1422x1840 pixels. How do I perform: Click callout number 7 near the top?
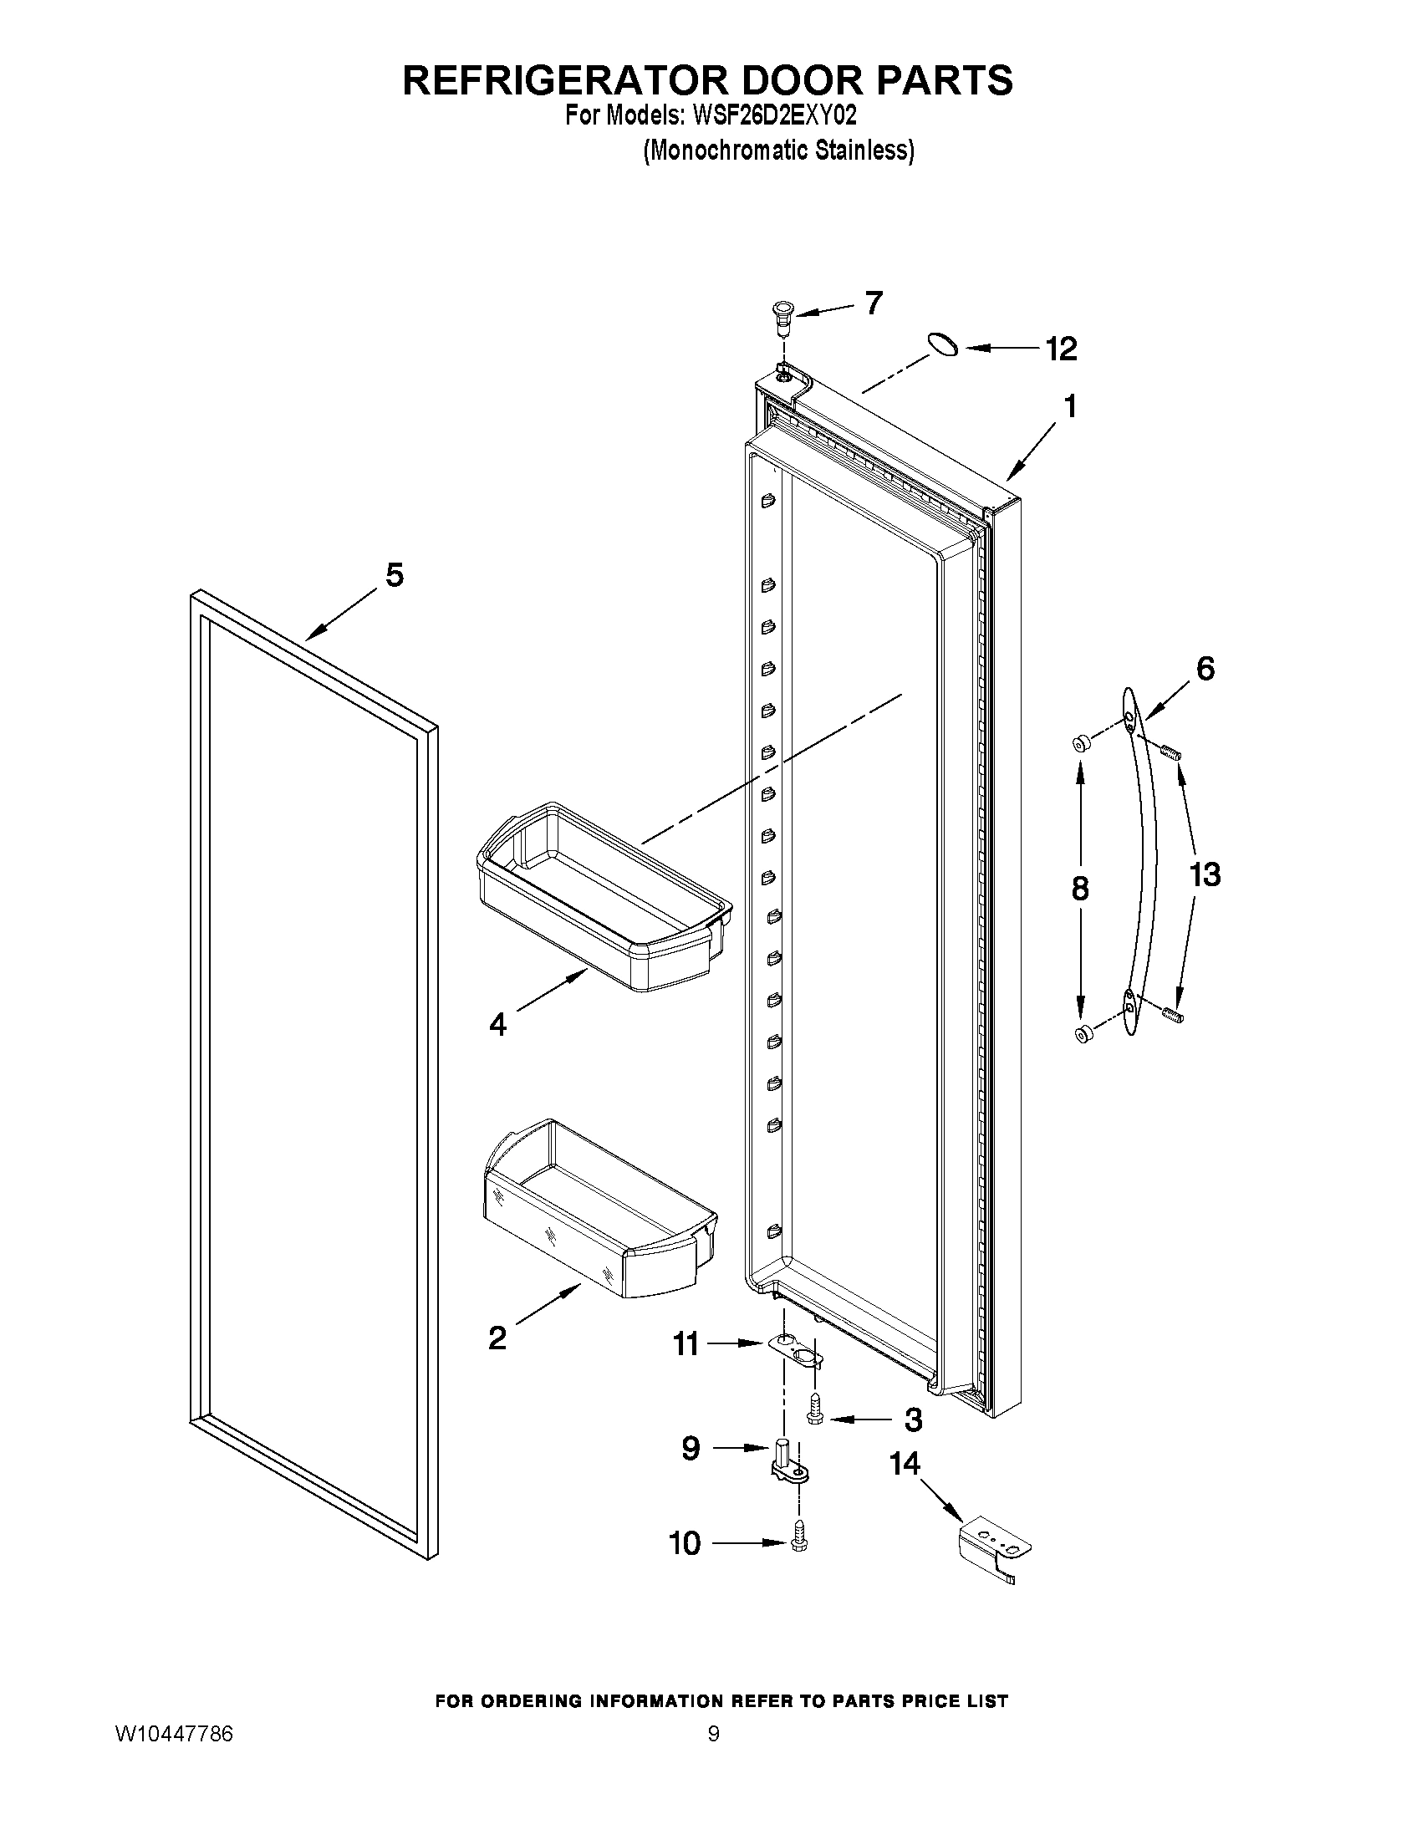(874, 302)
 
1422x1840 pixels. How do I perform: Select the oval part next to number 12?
(942, 344)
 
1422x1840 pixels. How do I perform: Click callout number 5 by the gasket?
(395, 575)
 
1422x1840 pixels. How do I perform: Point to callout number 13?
(1205, 874)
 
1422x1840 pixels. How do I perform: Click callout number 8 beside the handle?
(1080, 889)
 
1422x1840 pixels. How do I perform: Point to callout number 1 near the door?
(1070, 406)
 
